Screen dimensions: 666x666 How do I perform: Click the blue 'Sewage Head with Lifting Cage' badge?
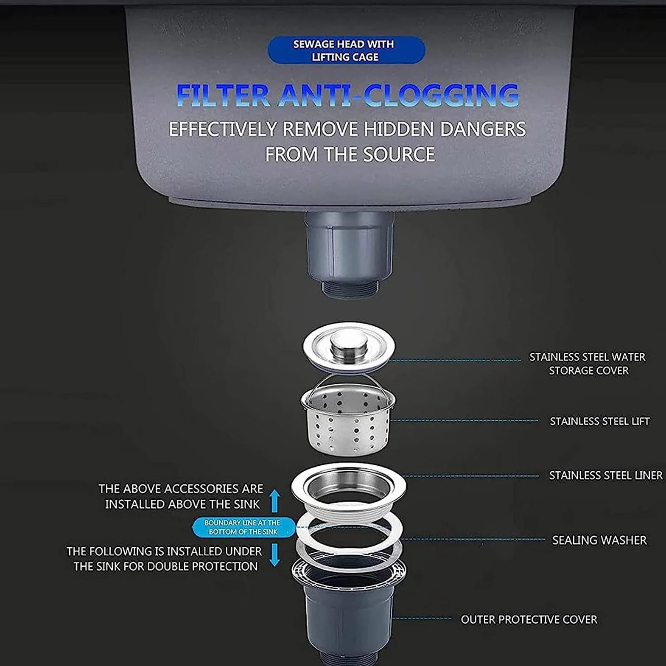(x=346, y=50)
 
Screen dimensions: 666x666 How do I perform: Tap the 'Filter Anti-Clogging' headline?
(x=347, y=95)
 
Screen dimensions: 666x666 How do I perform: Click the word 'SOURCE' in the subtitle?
(x=399, y=154)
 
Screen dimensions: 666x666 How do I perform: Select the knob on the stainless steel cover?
(x=349, y=343)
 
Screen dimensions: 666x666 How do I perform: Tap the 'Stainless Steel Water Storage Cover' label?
(x=588, y=364)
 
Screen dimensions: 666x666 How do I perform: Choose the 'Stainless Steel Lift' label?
(x=599, y=421)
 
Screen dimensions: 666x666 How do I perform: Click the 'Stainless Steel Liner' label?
(x=605, y=476)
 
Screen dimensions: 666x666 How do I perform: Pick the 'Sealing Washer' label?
(x=599, y=540)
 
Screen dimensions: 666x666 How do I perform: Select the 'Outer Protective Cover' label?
(x=529, y=619)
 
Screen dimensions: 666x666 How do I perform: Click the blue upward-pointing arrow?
(x=275, y=501)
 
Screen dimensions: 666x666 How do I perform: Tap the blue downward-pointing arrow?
(x=275, y=555)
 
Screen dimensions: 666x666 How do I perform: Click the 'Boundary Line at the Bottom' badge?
(x=243, y=527)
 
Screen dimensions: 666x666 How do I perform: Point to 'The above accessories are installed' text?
(x=181, y=496)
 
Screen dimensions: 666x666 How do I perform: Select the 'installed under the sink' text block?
(x=165, y=559)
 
